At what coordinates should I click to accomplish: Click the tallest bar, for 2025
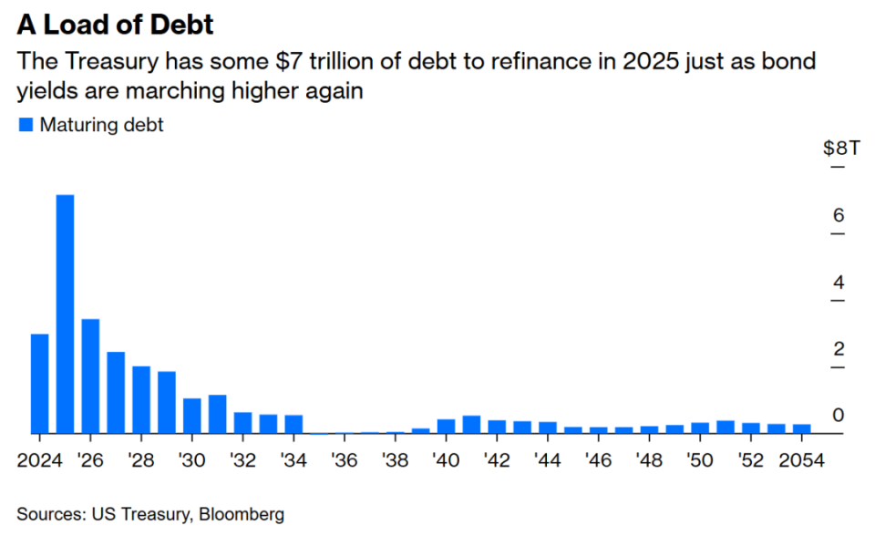(x=65, y=314)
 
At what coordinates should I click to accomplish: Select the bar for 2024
(x=39, y=384)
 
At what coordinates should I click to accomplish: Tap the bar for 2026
(x=90, y=376)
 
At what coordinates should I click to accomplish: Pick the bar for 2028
(x=141, y=399)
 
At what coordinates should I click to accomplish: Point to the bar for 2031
(x=217, y=414)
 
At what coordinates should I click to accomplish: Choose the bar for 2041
(x=471, y=424)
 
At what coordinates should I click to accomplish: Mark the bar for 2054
(x=802, y=428)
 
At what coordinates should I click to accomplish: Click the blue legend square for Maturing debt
(x=26, y=126)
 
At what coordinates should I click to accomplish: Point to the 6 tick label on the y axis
(x=839, y=216)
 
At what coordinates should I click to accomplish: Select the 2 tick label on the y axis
(x=839, y=350)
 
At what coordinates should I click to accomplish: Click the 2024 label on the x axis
(x=39, y=460)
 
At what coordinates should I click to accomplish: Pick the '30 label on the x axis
(x=191, y=460)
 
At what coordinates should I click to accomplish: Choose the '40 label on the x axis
(x=446, y=460)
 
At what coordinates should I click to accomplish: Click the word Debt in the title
(x=179, y=24)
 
